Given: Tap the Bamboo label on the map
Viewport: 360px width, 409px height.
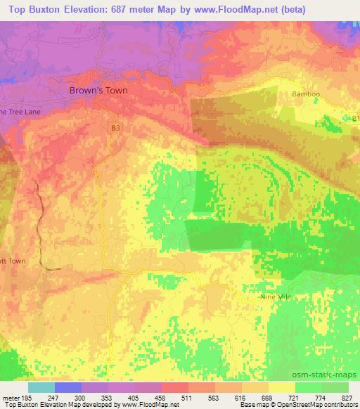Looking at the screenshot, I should (306, 93).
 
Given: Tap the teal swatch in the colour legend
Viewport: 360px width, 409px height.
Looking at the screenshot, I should (41, 387).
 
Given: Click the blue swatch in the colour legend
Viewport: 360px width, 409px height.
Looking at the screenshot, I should (67, 387).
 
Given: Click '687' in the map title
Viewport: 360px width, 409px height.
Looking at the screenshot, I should (150, 9).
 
